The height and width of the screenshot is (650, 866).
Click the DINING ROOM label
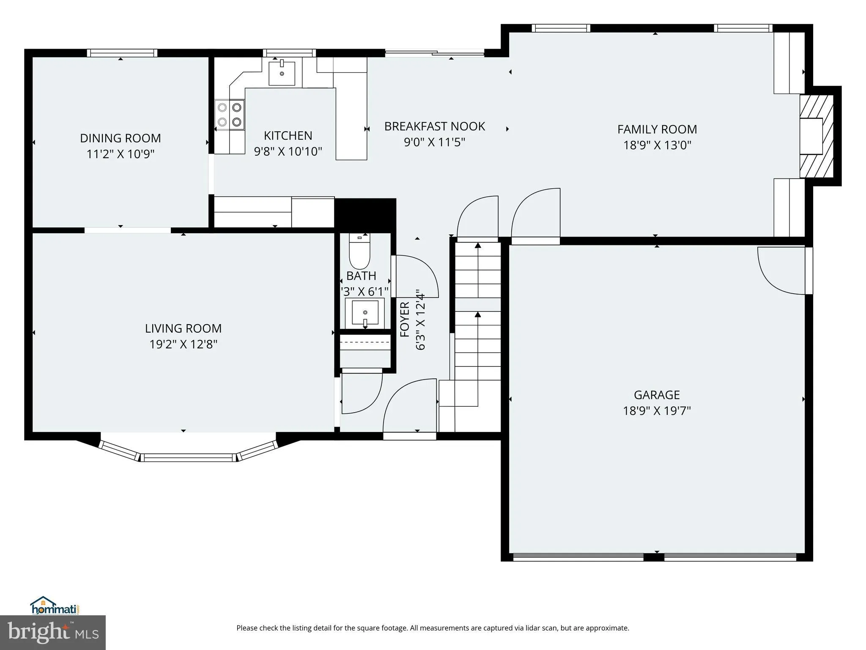121,138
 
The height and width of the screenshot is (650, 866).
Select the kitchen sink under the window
282,74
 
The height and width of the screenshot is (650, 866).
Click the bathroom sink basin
365,313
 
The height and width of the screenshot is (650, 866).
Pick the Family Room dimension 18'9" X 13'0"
657,145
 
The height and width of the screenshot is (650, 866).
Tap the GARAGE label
656,395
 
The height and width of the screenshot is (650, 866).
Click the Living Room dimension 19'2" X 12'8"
183,344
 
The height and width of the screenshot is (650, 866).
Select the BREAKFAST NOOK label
434,126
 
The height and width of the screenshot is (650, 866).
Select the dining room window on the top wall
122,53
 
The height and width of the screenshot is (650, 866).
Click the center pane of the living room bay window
188,457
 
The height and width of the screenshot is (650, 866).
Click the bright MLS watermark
53,633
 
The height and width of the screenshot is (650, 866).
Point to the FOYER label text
405,319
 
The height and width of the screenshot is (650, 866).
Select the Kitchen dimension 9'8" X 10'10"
288,151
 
